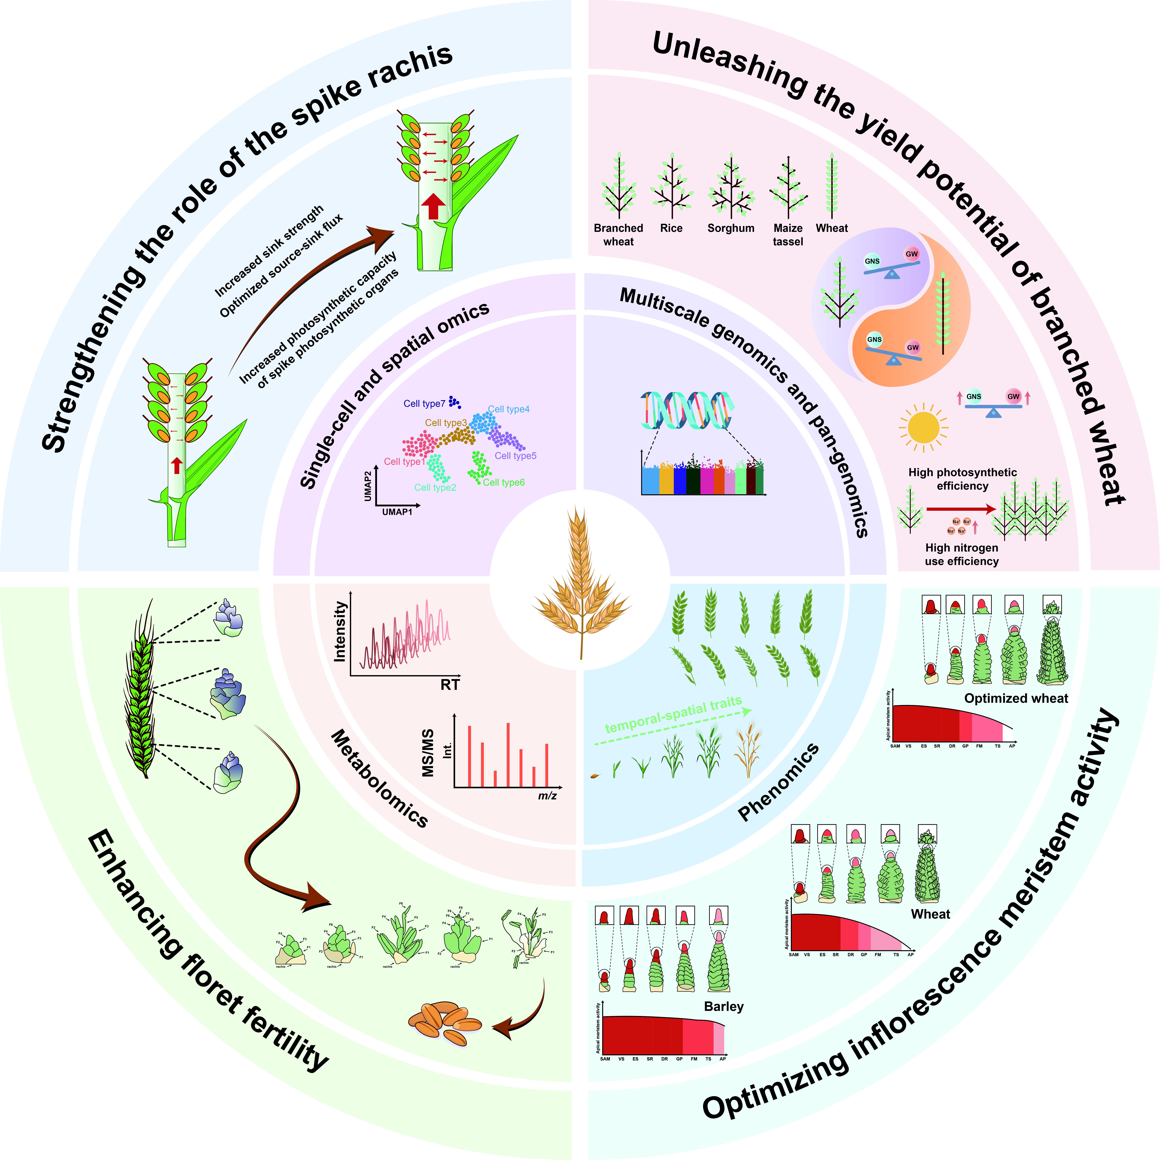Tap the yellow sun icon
click(924, 427)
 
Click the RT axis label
click(450, 685)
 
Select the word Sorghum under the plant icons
click(731, 228)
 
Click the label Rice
click(671, 228)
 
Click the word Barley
click(723, 1006)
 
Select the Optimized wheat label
click(1016, 698)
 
